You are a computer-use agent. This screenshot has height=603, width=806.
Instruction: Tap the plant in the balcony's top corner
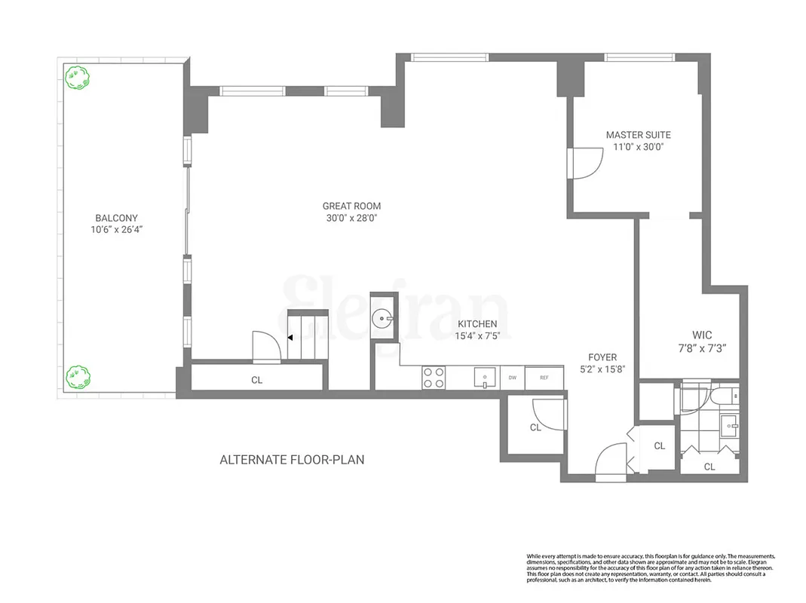pos(75,77)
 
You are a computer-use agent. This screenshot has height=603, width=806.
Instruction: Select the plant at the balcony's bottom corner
pos(75,375)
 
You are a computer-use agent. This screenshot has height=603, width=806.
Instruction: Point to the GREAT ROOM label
pos(351,206)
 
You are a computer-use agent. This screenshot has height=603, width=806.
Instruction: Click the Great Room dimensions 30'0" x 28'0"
pos(351,219)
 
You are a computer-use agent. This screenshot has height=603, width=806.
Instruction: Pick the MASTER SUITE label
pos(638,135)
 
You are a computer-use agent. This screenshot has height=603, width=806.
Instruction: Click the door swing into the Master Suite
pos(585,160)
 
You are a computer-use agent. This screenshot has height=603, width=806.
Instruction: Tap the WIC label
pos(702,335)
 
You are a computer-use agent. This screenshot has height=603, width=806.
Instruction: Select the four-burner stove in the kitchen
pos(434,377)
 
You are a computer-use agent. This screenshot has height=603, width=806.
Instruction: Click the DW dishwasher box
pos(513,377)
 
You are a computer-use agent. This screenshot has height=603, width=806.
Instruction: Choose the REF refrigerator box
pos(544,377)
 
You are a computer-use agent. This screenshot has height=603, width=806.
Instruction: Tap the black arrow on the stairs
pos(291,338)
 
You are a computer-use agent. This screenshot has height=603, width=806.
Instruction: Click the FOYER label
pos(602,357)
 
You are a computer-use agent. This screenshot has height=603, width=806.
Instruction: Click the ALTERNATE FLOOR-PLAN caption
pos(292,459)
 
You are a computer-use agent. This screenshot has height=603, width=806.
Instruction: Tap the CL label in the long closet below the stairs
pos(256,380)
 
